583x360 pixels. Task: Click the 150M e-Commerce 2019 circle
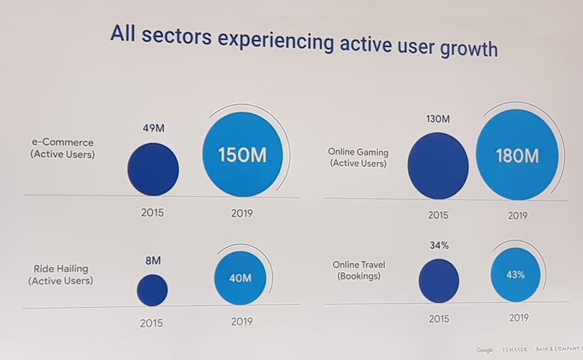242,155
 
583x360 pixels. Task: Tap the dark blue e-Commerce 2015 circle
153,169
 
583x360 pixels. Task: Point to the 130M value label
437,119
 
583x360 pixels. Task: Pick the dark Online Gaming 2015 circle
438,165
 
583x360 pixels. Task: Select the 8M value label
152,261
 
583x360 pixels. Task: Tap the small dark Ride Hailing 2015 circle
152,290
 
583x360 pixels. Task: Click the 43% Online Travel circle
515,274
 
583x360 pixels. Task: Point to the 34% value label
438,246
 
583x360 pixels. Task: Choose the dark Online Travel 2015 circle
438,281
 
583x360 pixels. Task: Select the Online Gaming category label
357,158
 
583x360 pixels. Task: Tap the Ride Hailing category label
61,275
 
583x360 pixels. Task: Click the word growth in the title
458,49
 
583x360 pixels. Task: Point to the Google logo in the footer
485,349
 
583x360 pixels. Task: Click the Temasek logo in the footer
516,349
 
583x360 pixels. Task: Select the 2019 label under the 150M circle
242,212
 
